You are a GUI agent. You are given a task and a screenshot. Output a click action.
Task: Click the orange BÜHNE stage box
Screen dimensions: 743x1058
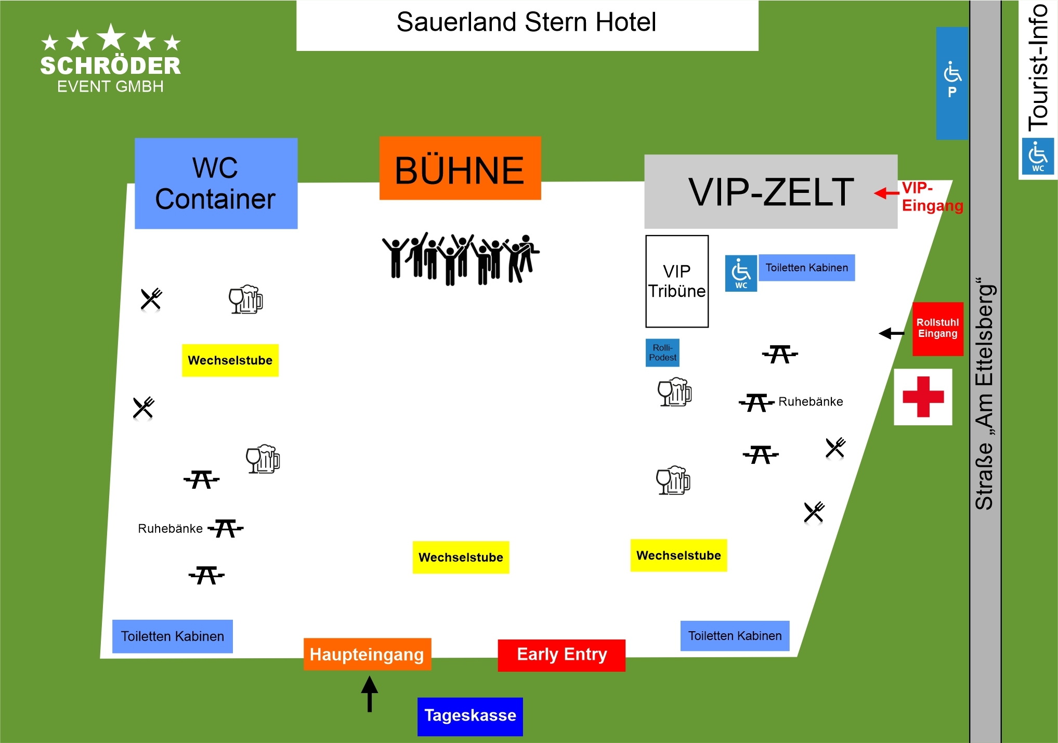[460, 168]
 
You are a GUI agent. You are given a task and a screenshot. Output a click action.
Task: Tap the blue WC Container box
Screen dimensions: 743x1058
[216, 184]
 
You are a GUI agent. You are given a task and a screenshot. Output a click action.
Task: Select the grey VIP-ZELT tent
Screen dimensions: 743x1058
[770, 192]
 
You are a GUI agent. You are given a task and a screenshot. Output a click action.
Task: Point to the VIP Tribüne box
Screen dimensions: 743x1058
[677, 281]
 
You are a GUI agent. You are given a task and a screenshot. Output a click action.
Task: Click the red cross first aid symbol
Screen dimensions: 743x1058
[923, 397]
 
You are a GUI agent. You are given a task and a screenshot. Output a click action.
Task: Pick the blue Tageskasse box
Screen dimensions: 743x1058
[470, 716]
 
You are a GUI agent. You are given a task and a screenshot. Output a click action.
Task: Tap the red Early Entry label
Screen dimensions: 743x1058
[561, 655]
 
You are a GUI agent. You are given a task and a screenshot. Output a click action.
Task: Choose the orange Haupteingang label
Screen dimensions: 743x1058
[367, 654]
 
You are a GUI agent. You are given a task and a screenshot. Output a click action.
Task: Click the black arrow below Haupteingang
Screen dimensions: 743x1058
[370, 694]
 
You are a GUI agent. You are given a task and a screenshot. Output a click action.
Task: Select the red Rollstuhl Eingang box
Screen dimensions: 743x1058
[938, 329]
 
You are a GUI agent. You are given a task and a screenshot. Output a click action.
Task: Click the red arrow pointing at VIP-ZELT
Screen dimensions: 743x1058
[886, 193]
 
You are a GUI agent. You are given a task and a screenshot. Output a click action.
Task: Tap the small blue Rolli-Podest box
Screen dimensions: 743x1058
[662, 353]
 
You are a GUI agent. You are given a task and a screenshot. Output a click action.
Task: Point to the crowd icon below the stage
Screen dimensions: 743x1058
[460, 258]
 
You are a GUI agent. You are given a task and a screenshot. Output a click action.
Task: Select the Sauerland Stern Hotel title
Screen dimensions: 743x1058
[526, 22]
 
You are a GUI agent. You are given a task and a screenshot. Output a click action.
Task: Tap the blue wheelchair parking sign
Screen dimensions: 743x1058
[952, 83]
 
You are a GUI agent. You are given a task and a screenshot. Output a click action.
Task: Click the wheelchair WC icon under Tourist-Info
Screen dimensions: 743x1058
[1038, 156]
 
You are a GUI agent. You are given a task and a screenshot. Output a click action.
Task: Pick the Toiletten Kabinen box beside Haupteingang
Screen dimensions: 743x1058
[173, 636]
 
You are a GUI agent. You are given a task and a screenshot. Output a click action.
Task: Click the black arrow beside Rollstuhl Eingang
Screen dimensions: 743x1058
[892, 333]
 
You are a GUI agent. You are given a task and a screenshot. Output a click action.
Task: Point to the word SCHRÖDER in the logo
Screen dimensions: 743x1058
[111, 66]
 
